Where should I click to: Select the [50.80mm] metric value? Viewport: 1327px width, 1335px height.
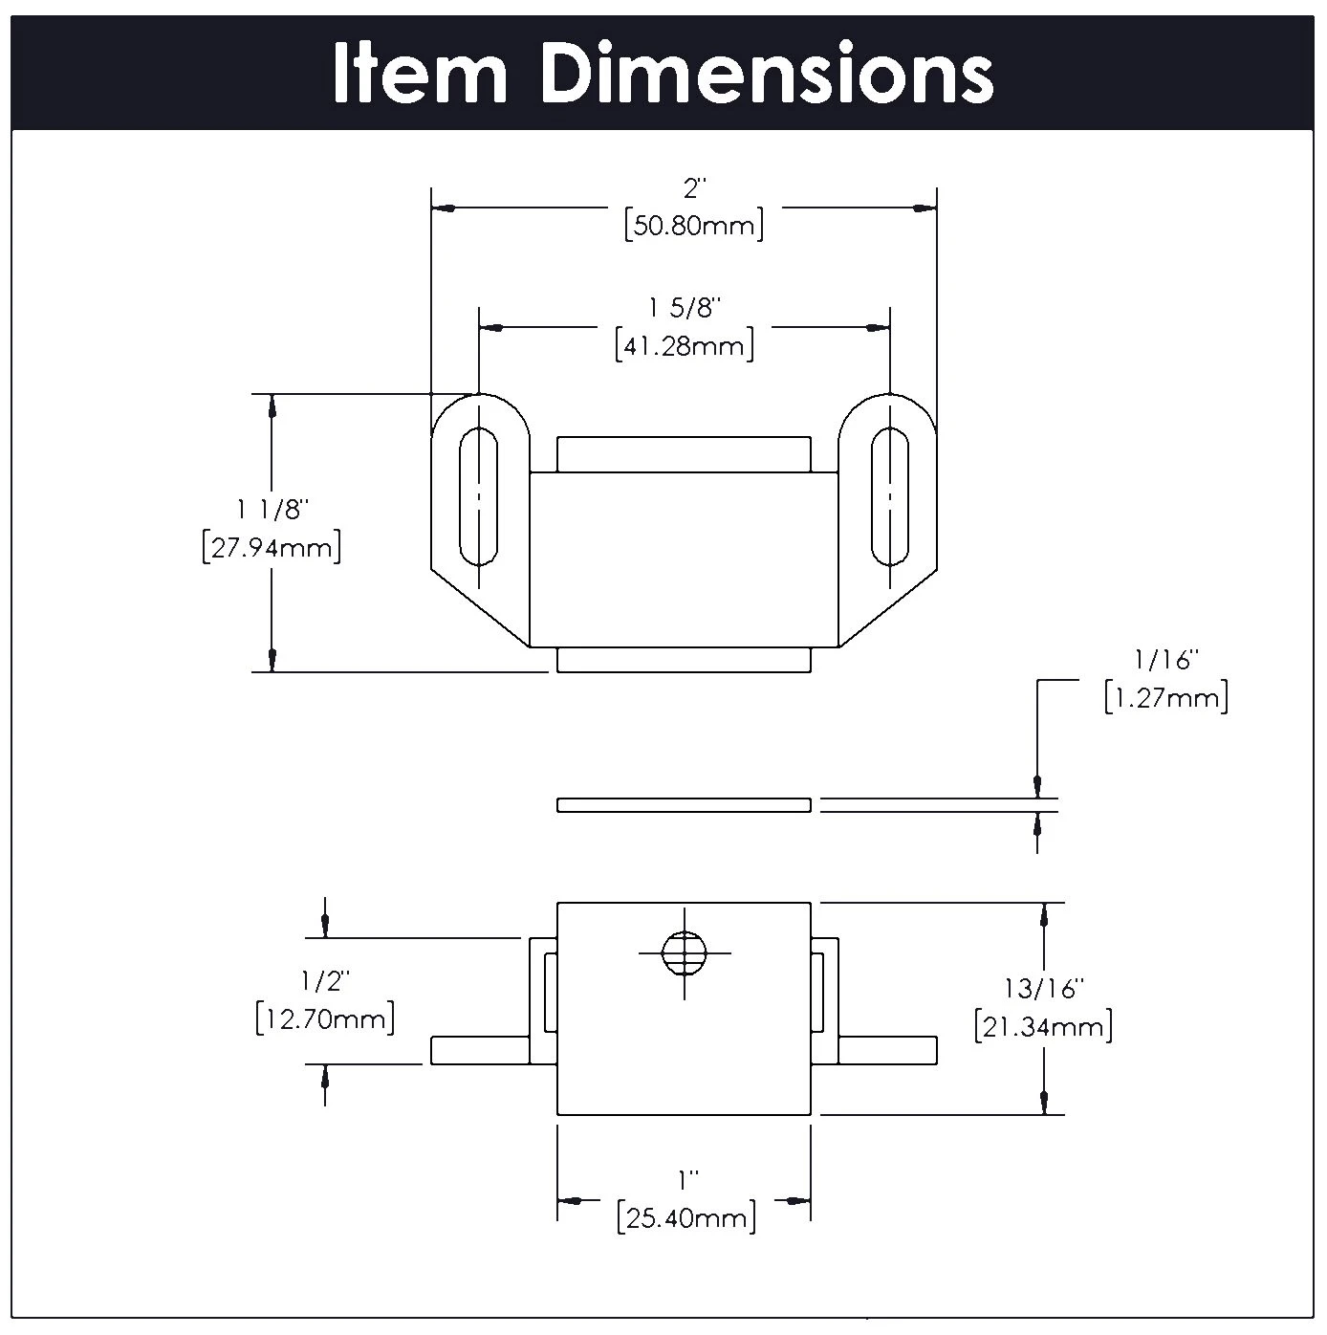693,227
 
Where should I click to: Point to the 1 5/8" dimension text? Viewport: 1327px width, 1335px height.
684,308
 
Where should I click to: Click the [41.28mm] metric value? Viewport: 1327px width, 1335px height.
684,346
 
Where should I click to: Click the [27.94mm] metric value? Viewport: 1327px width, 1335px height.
272,549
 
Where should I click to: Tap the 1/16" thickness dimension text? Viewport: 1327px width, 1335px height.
1165,660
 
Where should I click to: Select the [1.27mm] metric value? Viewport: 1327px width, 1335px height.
1165,698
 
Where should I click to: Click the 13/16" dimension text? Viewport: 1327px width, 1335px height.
1044,988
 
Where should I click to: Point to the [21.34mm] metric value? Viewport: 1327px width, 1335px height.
1044,1028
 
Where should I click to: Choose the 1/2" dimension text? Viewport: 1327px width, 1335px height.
325,980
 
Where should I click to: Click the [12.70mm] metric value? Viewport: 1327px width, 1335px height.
325,1019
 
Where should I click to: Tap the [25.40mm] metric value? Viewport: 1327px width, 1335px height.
686,1218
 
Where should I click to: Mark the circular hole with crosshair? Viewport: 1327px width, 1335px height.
685,952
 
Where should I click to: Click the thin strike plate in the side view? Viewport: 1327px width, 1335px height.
684,805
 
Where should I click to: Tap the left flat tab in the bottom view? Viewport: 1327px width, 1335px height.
479,1050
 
